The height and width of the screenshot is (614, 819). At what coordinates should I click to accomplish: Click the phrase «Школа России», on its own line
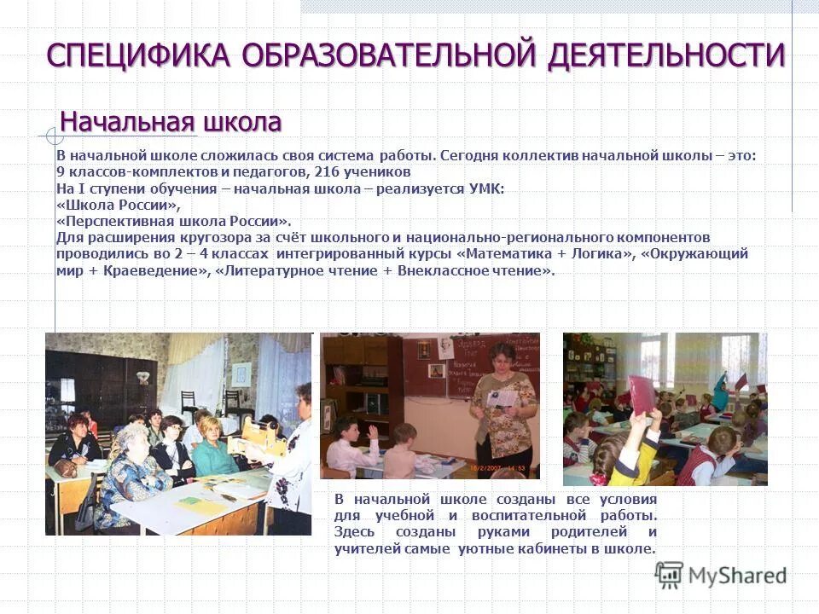point(119,205)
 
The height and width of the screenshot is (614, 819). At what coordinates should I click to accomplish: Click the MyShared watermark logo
point(721,575)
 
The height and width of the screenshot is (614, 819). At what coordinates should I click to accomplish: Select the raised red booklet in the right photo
point(638,391)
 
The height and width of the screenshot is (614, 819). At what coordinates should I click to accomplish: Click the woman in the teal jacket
point(209,448)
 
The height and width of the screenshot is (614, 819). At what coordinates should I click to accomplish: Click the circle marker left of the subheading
point(55,136)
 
